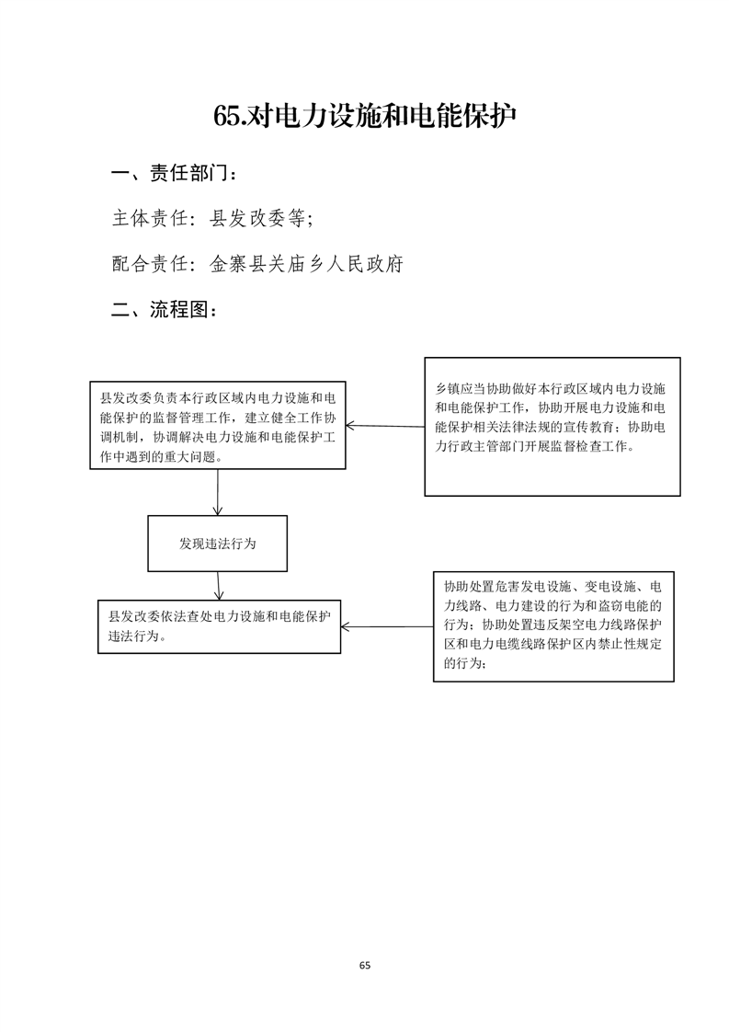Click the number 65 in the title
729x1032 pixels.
pyautogui.click(x=228, y=116)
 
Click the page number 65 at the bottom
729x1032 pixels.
pyautogui.click(x=364, y=966)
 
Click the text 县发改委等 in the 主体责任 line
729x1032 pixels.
pyautogui.click(x=257, y=218)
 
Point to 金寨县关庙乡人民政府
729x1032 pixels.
pyautogui.click(x=306, y=264)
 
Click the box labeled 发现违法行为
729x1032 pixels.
pyautogui.click(x=217, y=544)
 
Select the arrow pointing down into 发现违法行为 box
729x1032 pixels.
pyautogui.click(x=217, y=492)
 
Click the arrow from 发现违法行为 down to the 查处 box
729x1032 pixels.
pyautogui.click(x=219, y=586)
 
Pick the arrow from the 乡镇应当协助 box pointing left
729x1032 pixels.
pyautogui.click(x=385, y=427)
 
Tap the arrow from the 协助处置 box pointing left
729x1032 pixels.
pyautogui.click(x=387, y=626)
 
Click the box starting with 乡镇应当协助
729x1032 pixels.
pyautogui.click(x=552, y=427)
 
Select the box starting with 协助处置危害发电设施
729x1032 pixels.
pyautogui.click(x=553, y=626)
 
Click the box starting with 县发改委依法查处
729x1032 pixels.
pyautogui.click(x=219, y=626)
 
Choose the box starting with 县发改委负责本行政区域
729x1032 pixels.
pyautogui.click(x=218, y=425)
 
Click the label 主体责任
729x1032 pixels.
pyautogui.click(x=150, y=218)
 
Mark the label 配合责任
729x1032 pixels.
pyautogui.click(x=150, y=264)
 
